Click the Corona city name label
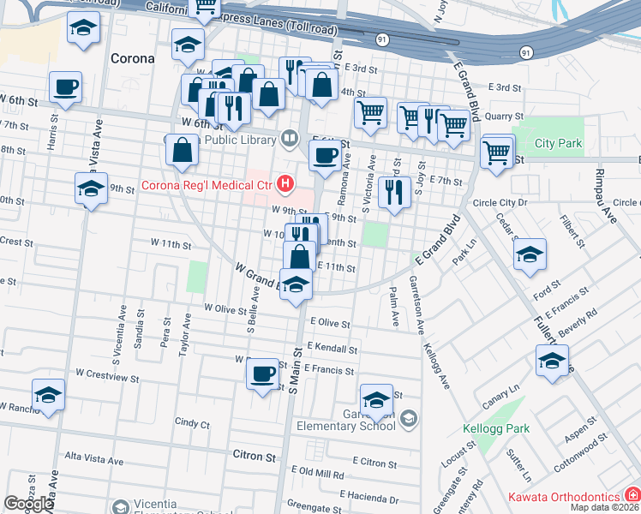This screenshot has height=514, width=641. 133,59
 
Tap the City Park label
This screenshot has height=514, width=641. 559,143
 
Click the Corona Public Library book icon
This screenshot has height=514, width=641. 291,139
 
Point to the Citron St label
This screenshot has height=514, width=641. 254,457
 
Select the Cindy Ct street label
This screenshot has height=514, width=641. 192,422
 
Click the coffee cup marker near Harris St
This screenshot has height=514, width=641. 65,87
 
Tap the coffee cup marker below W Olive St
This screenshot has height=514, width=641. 262,374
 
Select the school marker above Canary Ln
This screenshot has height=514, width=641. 552,360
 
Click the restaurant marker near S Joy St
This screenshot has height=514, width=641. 393,194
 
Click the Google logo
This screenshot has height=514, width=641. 29,504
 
